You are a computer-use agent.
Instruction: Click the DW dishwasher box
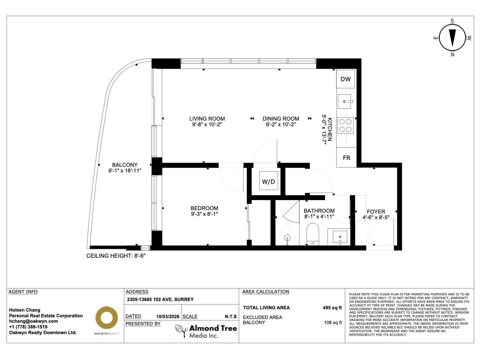click(346, 79)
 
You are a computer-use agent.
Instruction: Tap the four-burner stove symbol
click(345, 125)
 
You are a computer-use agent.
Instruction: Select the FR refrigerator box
click(346, 158)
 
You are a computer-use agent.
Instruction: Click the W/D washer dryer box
click(268, 181)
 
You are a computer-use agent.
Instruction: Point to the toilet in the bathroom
click(313, 233)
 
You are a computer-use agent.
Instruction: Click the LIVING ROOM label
click(207, 118)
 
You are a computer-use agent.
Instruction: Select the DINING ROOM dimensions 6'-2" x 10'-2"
click(281, 124)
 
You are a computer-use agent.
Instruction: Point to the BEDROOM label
click(204, 208)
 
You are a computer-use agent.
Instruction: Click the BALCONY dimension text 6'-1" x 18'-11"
click(125, 171)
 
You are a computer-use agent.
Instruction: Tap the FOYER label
click(376, 211)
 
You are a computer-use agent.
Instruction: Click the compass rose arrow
click(452, 37)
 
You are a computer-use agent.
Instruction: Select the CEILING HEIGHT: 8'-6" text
click(116, 256)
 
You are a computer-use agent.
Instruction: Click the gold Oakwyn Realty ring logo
click(106, 318)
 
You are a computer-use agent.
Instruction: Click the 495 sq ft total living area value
click(332, 308)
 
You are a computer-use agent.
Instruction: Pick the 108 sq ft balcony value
click(333, 322)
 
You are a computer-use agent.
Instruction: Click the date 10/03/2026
click(168, 316)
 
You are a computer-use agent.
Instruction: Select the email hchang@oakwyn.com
click(33, 321)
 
